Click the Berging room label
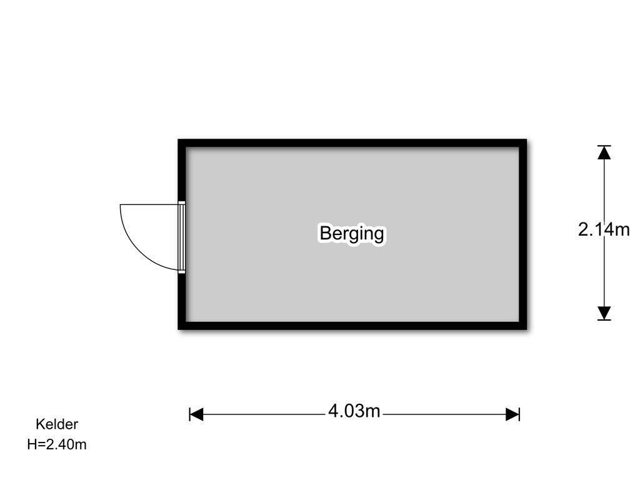point(352,234)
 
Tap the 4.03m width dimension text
point(354,411)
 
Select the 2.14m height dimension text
point(604,229)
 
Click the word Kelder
point(57,424)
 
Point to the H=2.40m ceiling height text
point(57,444)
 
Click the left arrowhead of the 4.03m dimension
point(196,414)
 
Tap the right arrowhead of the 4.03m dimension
point(512,414)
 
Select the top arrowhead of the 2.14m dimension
point(604,152)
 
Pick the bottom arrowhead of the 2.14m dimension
point(604,313)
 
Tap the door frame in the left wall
point(182,237)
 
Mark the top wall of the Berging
point(352,143)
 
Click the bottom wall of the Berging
point(352,326)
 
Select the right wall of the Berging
point(523,234)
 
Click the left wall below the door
point(182,301)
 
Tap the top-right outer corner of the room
point(526,139)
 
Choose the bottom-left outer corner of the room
point(178,329)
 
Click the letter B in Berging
point(325,232)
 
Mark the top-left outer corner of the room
point(178,139)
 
